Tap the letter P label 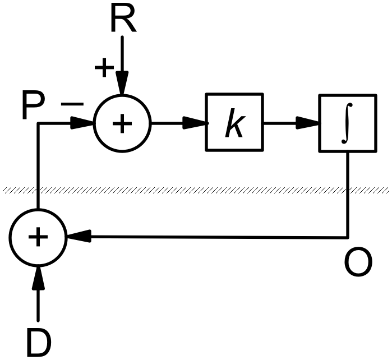coord(34,107)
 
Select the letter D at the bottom coord(38,342)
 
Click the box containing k coord(234,122)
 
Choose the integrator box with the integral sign coord(347,123)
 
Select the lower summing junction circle coord(38,237)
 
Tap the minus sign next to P coord(72,104)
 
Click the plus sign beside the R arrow coord(103,68)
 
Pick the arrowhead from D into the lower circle coord(38,276)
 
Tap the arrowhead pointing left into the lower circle coord(77,237)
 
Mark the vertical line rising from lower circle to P coord(38,168)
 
